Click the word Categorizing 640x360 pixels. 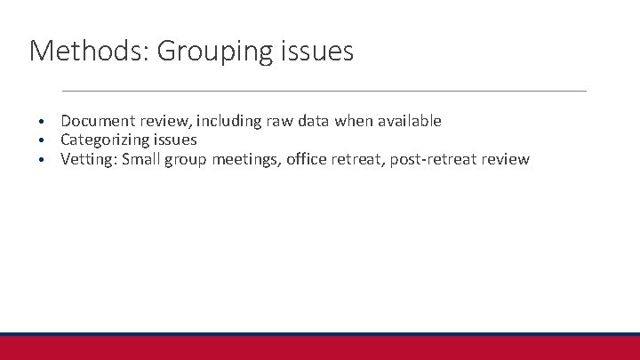(104, 140)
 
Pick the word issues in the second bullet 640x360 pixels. (174, 140)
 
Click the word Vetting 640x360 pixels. (88, 160)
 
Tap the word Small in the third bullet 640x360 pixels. (142, 160)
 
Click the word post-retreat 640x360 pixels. (436, 160)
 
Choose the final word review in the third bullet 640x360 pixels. (507, 160)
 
